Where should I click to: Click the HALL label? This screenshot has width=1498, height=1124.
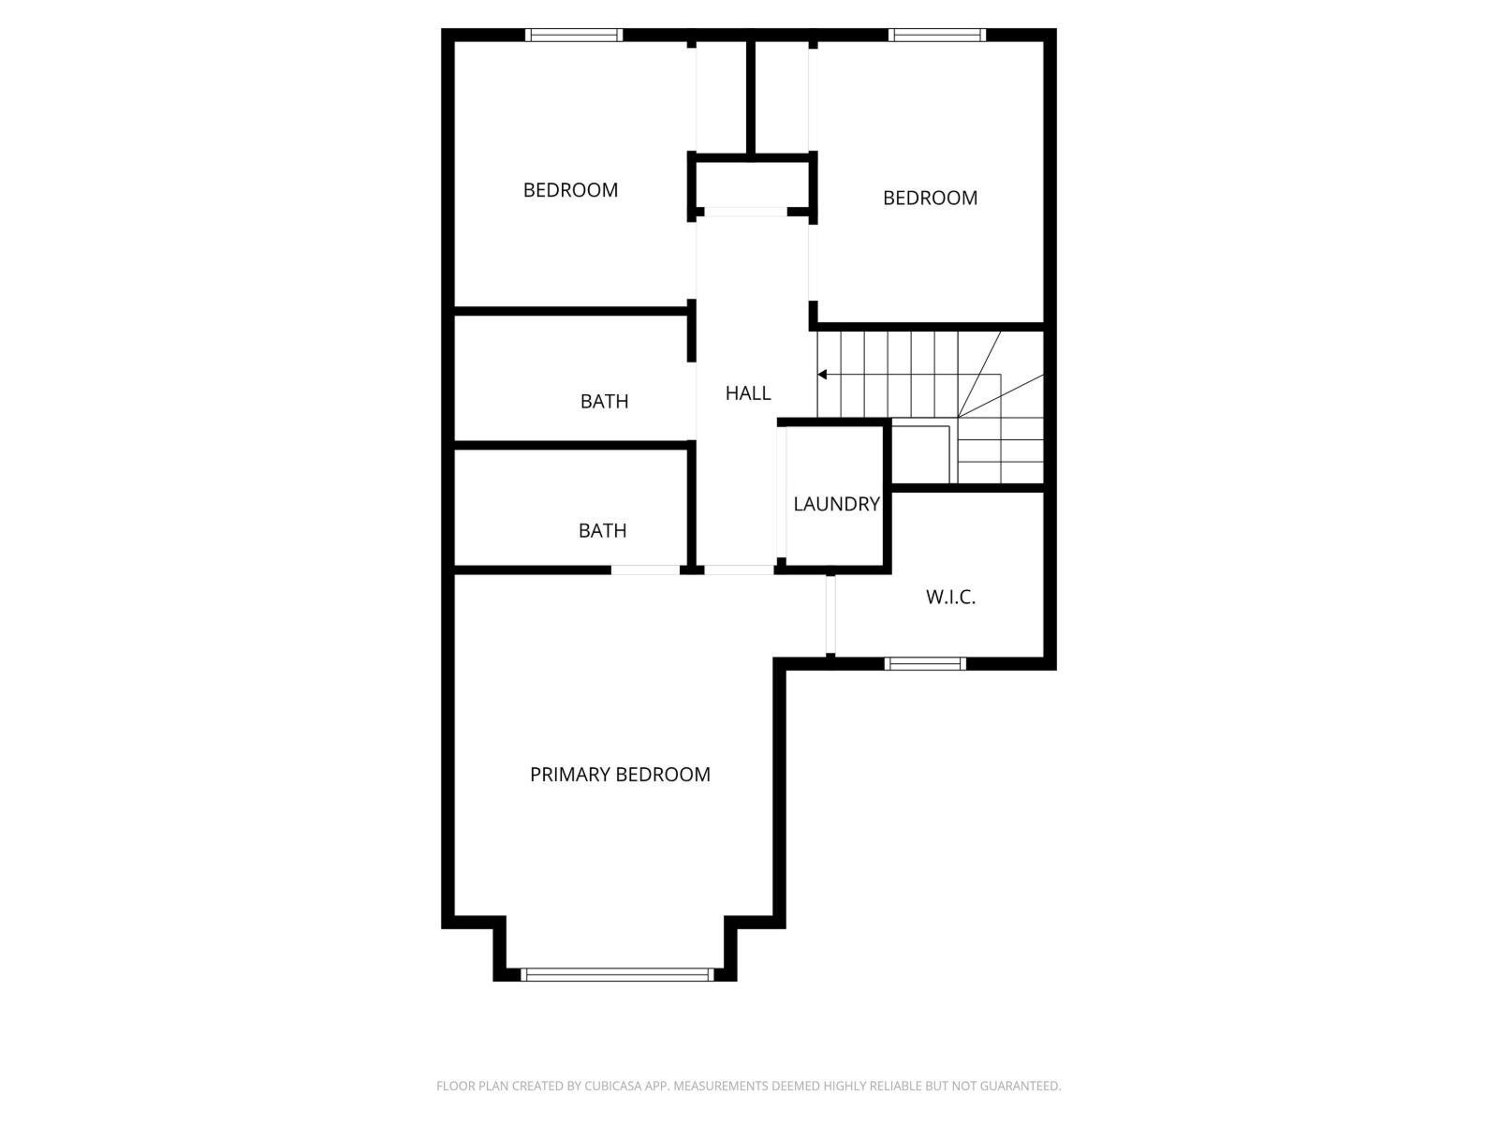click(x=748, y=393)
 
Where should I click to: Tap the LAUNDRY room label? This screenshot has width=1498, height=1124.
click(x=836, y=504)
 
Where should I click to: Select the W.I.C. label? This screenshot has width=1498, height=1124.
click(x=950, y=597)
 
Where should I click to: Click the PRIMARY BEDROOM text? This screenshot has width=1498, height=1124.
click(x=620, y=775)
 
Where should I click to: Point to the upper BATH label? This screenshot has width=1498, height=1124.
click(x=604, y=402)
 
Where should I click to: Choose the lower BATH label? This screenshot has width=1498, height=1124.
click(x=602, y=531)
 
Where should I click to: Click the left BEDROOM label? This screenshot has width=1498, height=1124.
click(x=570, y=190)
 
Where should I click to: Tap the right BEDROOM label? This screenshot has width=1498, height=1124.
click(x=930, y=198)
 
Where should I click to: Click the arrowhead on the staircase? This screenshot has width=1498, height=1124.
click(x=822, y=375)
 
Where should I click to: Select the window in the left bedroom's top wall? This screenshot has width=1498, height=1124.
click(x=574, y=36)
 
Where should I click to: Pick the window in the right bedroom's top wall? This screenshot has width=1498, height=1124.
click(x=937, y=36)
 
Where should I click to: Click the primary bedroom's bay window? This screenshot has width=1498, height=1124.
click(x=617, y=974)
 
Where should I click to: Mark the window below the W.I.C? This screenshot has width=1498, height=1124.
click(x=925, y=664)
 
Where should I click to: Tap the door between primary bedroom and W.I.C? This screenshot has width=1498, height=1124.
click(x=830, y=614)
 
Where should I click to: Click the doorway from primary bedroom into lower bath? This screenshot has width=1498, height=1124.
click(x=645, y=569)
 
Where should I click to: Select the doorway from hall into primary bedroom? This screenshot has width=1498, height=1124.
click(x=739, y=569)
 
